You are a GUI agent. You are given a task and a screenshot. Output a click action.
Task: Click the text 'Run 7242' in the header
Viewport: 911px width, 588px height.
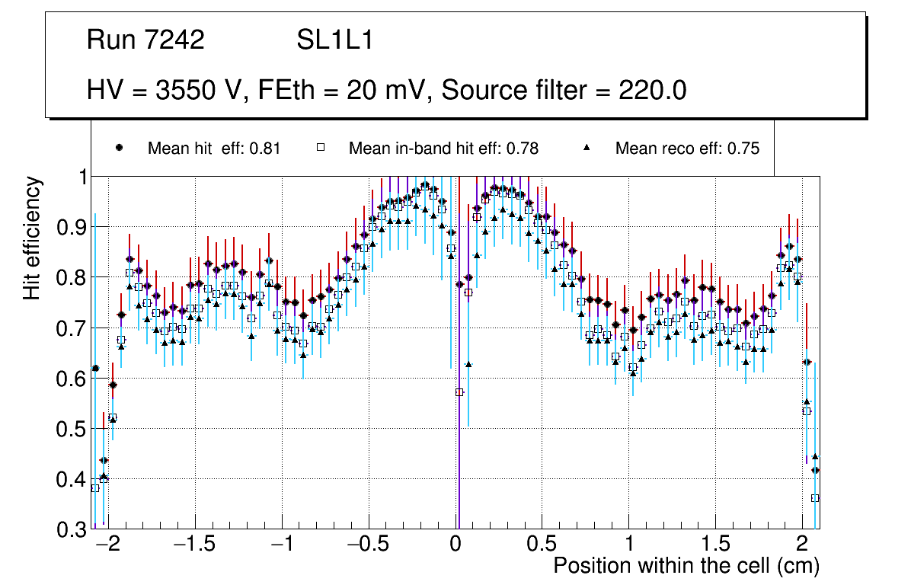point(145,40)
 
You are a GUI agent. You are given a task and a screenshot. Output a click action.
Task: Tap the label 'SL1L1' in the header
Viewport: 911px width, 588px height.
point(334,40)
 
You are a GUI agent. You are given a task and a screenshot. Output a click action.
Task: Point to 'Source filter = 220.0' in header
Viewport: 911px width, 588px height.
point(564,91)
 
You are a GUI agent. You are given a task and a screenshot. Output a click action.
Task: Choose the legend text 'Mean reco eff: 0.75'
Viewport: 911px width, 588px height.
point(687,149)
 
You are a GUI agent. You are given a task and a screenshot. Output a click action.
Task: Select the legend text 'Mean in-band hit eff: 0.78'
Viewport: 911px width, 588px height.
point(443,149)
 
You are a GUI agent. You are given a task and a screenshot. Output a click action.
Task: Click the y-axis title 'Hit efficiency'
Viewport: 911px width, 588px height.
point(33,238)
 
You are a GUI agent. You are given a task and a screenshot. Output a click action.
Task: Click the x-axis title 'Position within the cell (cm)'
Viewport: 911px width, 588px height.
point(686,566)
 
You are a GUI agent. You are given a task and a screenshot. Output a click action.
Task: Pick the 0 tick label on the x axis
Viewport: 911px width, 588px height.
point(455,545)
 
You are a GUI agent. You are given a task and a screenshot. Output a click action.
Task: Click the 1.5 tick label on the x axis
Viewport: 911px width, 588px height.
point(714,545)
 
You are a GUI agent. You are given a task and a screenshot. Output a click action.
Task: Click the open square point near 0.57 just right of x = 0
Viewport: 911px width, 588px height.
point(459,392)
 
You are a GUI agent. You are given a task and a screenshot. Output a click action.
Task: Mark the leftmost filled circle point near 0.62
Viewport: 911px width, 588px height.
point(95,369)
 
